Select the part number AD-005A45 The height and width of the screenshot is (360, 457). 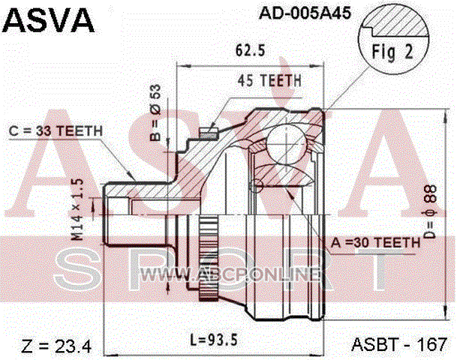(x=305, y=13)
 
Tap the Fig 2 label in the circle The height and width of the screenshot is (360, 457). (x=392, y=52)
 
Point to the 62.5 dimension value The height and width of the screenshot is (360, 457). (x=251, y=50)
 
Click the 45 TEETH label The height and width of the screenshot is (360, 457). (x=269, y=81)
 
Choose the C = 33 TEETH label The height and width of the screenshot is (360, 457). (x=56, y=131)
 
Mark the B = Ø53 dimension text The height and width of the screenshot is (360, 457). (x=156, y=112)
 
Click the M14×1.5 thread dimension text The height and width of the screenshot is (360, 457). (x=77, y=210)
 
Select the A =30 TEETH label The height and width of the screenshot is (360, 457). (x=375, y=242)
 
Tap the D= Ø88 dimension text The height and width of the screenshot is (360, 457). (x=431, y=211)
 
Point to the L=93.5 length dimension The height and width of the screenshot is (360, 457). (x=214, y=340)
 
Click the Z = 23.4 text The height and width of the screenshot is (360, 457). (x=56, y=346)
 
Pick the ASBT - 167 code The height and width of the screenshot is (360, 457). (x=399, y=344)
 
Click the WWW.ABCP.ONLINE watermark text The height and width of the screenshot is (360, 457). (x=230, y=274)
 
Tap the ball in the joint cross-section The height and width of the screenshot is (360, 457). (x=287, y=143)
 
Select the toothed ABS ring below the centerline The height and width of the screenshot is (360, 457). (x=208, y=259)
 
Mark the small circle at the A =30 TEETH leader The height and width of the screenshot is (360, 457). (x=257, y=185)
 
